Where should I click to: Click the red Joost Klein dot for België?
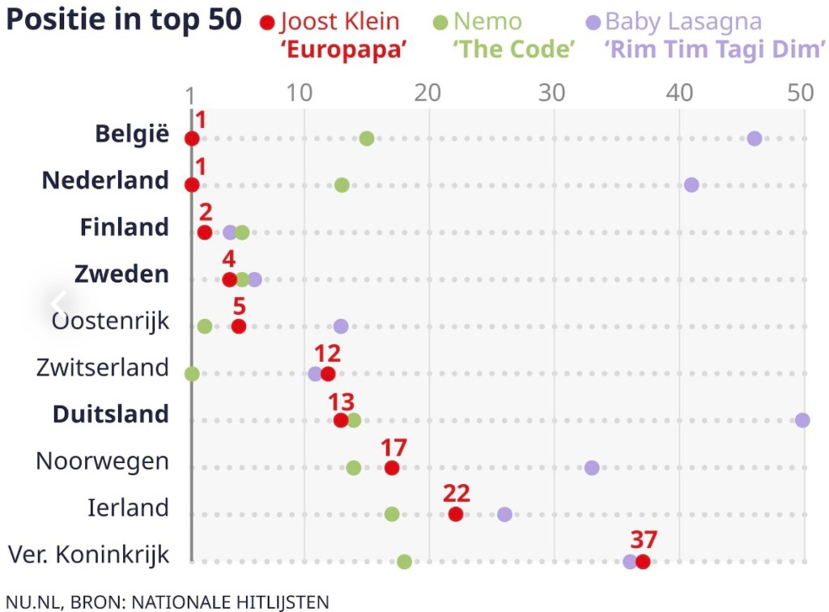[192, 138]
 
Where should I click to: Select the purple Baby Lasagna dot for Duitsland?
[802, 420]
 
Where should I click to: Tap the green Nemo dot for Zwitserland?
[192, 373]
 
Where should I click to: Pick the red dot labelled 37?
[643, 562]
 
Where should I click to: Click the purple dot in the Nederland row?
[691, 185]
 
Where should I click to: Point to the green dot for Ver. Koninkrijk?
[405, 562]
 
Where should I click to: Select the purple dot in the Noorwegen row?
[592, 468]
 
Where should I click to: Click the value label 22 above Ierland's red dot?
[457, 494]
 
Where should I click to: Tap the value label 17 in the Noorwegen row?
[393, 447]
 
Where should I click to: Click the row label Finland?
[125, 227]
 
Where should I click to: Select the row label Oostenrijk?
[111, 321]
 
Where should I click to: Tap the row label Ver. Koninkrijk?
[89, 555]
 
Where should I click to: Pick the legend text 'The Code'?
[514, 49]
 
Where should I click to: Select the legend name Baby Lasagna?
[683, 22]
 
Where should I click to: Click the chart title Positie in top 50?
[124, 21]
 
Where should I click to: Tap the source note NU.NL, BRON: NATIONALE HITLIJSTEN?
[167, 601]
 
